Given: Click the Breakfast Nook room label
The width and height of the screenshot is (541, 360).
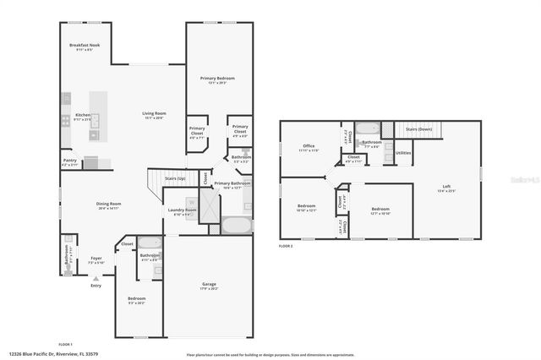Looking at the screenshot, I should tap(84, 46).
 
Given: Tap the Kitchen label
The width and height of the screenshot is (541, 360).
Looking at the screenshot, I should tap(83, 114).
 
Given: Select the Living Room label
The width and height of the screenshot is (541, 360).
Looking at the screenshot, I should tap(153, 113).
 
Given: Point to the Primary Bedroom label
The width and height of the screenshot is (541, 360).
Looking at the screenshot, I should tap(217, 78).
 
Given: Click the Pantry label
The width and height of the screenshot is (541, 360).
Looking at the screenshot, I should tap(69, 160).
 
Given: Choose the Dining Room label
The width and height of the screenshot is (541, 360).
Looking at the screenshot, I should tap(109, 204).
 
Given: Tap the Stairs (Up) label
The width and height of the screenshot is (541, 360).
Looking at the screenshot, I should tap(175, 179).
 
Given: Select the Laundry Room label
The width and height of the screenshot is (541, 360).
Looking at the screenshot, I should tap(181, 210).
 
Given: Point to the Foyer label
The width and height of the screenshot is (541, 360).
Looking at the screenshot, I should tap(96, 258).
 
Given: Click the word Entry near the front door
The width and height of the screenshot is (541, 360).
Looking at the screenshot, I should tap(96, 286).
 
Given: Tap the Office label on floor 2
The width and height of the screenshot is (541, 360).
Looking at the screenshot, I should tap(309, 146).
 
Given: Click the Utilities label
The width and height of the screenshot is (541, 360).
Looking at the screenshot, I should tap(403, 153).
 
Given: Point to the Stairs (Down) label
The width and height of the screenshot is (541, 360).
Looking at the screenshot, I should tap(419, 129).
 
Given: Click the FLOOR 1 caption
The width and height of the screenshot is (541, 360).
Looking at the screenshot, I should tap(65, 344).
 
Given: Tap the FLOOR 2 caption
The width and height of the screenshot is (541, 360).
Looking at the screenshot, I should tap(286, 246).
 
